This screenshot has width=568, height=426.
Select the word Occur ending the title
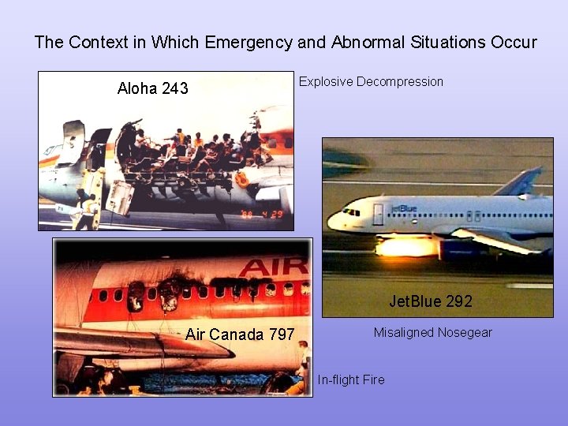point(514,43)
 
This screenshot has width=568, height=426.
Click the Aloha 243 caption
point(152,88)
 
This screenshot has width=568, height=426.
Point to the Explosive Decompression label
point(371,81)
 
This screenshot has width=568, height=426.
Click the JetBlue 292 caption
point(431,301)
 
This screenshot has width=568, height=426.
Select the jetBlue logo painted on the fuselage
point(403,208)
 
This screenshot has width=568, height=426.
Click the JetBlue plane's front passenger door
point(378,215)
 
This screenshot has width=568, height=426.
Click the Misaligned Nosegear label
point(432,332)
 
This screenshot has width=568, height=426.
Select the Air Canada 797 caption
point(240,334)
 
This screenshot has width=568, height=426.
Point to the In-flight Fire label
point(351,379)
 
